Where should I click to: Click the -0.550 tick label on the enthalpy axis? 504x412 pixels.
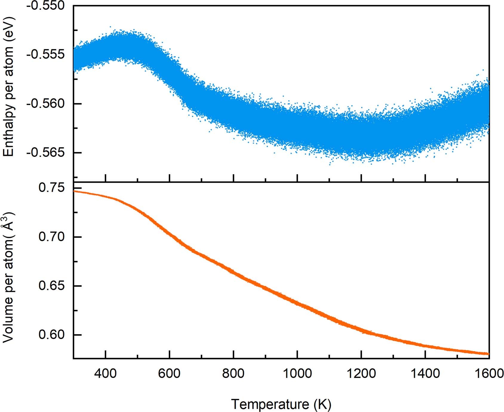tap(45, 6)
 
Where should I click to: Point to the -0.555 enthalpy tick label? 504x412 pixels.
tap(45, 55)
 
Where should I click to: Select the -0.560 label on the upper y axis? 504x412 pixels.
tap(45, 104)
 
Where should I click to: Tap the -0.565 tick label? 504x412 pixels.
tap(45, 153)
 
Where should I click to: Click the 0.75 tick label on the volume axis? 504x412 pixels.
tap(51, 188)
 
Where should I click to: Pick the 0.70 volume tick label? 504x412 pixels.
tap(51, 237)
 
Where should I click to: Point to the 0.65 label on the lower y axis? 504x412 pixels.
tap(51, 286)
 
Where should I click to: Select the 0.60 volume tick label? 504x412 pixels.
tap(51, 335)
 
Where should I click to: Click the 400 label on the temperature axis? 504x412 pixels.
tap(105, 373)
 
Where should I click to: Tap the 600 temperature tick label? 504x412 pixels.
tap(169, 373)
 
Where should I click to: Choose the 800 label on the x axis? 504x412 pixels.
tap(233, 373)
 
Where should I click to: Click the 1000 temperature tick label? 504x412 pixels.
tap(297, 373)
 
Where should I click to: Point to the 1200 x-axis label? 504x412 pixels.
tap(361, 373)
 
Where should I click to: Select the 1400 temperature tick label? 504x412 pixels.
tap(425, 373)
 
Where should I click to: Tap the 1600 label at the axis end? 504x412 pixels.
tap(488, 373)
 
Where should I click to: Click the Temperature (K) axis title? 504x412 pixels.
tap(281, 404)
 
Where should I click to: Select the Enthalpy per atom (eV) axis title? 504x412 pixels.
tap(9, 87)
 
